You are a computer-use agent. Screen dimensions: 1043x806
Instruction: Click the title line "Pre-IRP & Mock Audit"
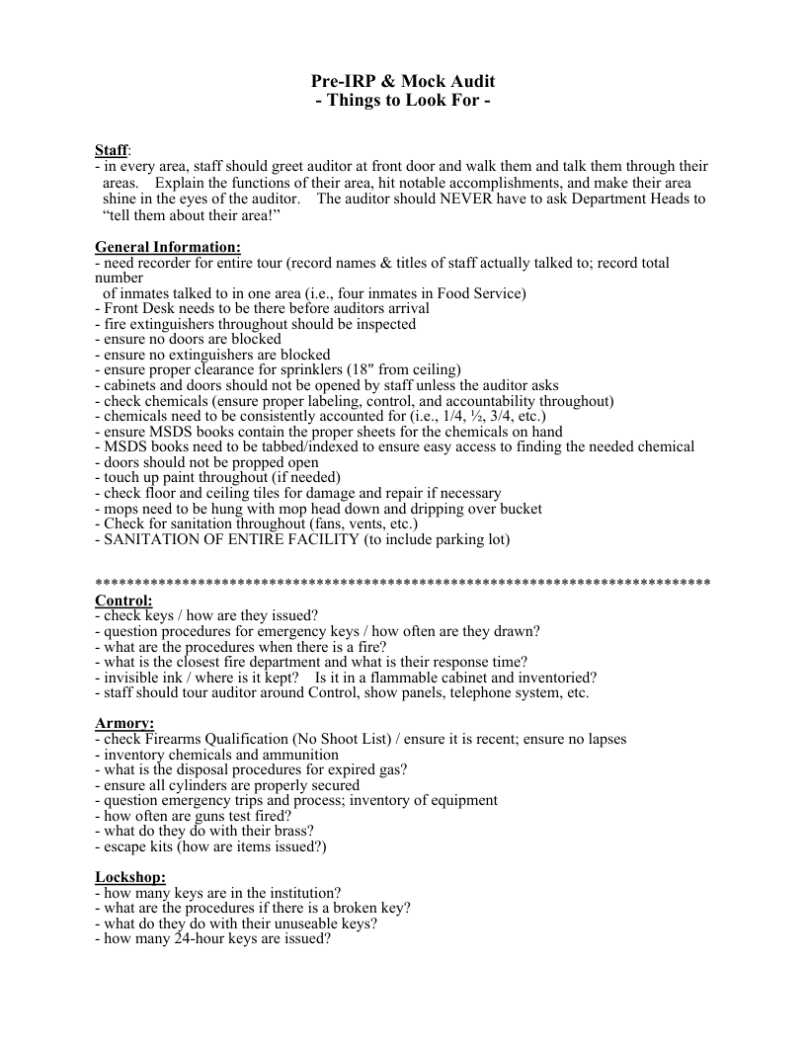(403, 81)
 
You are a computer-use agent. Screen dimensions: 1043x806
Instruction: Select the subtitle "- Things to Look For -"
(403, 101)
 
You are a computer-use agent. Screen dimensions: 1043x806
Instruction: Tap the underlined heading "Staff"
(111, 150)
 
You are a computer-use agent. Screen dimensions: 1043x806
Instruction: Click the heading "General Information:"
(167, 247)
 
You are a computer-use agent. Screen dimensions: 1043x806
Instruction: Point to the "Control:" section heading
(123, 601)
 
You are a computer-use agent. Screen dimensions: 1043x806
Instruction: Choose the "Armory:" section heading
(124, 724)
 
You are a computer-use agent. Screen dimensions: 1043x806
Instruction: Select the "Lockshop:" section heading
(130, 877)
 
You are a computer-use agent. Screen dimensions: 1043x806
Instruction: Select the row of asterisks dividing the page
(403, 583)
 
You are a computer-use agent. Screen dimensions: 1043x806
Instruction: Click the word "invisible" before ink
(132, 678)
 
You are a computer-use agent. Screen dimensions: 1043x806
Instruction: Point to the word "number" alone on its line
(120, 279)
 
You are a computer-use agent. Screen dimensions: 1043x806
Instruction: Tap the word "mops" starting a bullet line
(121, 509)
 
